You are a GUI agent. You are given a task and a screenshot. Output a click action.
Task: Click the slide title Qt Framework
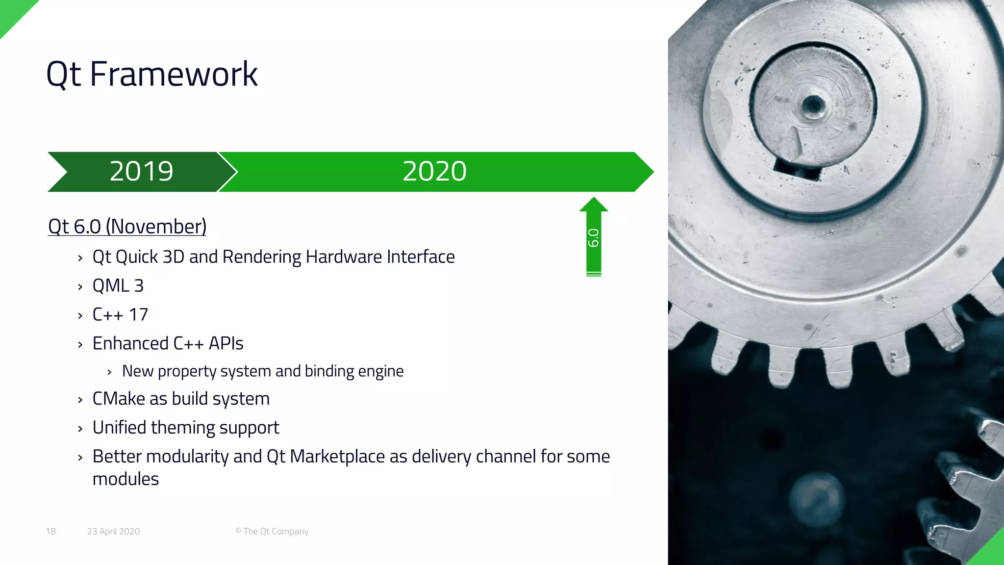(151, 74)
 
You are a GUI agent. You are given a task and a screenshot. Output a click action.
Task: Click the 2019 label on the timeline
(141, 171)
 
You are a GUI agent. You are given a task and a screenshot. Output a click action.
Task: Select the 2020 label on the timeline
(434, 171)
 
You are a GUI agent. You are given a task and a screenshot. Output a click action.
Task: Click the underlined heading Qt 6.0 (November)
(127, 227)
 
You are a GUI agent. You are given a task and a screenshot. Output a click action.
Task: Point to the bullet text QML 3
(118, 285)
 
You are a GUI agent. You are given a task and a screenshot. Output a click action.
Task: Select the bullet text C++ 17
(120, 314)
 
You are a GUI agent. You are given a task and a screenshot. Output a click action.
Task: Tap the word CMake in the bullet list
(119, 399)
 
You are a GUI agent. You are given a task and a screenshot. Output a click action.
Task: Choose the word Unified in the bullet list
(119, 428)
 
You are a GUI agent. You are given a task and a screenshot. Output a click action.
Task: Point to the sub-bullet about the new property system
(263, 371)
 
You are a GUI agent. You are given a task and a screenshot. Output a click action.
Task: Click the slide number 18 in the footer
(51, 531)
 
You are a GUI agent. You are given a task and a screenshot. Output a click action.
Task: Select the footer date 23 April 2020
(113, 531)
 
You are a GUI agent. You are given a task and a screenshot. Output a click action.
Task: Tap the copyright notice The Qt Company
(272, 531)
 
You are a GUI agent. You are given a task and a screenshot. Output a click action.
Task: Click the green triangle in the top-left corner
(12, 12)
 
